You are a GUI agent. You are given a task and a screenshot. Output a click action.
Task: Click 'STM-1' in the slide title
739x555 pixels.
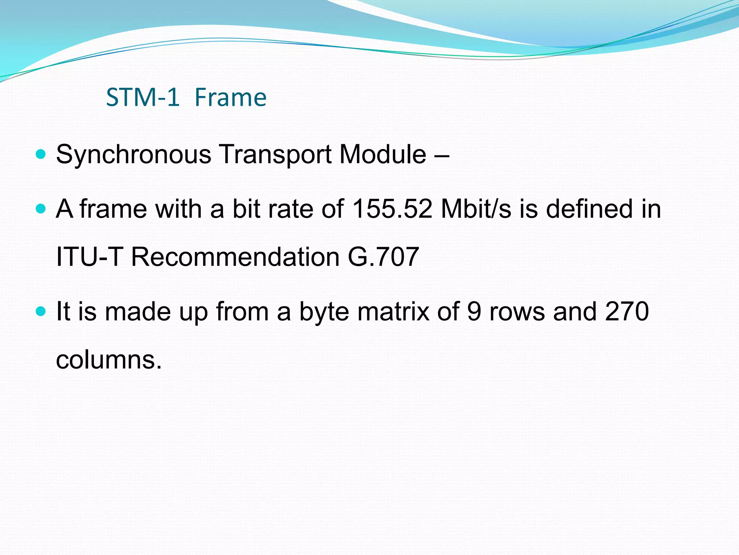coord(143,98)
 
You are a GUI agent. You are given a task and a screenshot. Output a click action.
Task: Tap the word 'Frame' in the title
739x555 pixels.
coord(230,98)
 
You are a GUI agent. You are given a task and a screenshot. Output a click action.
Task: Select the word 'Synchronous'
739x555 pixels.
coord(134,155)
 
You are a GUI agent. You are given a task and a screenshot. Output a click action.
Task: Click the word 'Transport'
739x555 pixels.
coord(275,155)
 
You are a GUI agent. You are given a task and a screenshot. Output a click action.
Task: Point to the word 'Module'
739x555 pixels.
coord(383,155)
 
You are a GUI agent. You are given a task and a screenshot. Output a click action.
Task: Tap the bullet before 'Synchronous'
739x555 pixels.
coord(41,155)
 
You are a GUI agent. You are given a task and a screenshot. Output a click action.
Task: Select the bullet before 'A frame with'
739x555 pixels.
coord(41,209)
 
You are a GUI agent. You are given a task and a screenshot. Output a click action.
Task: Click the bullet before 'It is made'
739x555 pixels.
coord(41,311)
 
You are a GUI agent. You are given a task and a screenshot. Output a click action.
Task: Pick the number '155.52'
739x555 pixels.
coord(392,209)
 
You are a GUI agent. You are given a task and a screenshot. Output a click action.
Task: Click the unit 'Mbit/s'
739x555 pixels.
coord(476,209)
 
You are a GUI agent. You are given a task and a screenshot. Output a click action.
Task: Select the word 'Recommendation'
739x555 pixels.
coord(235,257)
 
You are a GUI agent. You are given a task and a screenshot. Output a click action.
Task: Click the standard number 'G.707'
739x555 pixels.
coord(383,257)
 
